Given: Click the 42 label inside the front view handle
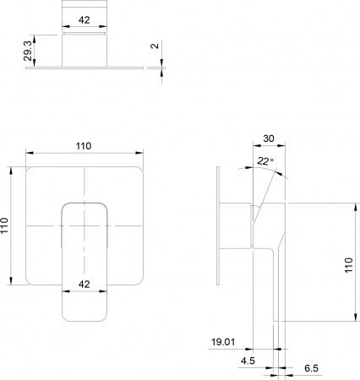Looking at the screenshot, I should click(84, 284).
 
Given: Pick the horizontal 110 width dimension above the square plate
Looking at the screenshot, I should click(84, 147).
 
